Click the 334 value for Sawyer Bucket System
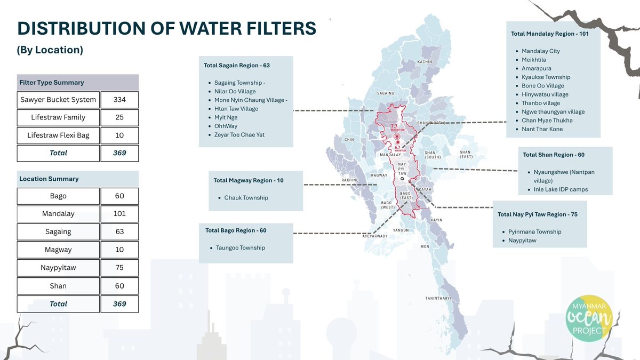coord(119,100)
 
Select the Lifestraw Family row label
coord(58,117)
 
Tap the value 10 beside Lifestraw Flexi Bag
coord(119,135)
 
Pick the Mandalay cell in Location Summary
coord(58,214)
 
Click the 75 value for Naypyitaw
coord(119,268)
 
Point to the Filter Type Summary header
coord(52,83)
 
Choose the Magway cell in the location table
coord(58,250)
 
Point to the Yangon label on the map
coord(401,230)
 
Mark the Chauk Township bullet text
coord(246,198)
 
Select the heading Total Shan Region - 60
coord(554,155)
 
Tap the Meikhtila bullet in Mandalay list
coord(534,60)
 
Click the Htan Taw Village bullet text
coord(236,109)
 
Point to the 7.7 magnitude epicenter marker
coord(397,137)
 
